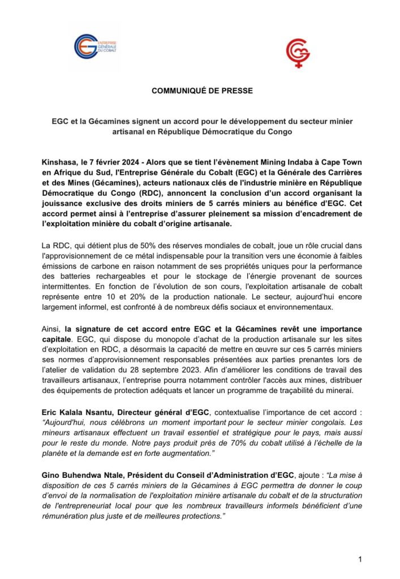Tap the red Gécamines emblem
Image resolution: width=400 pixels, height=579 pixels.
point(298,54)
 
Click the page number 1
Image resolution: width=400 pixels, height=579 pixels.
point(359,559)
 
